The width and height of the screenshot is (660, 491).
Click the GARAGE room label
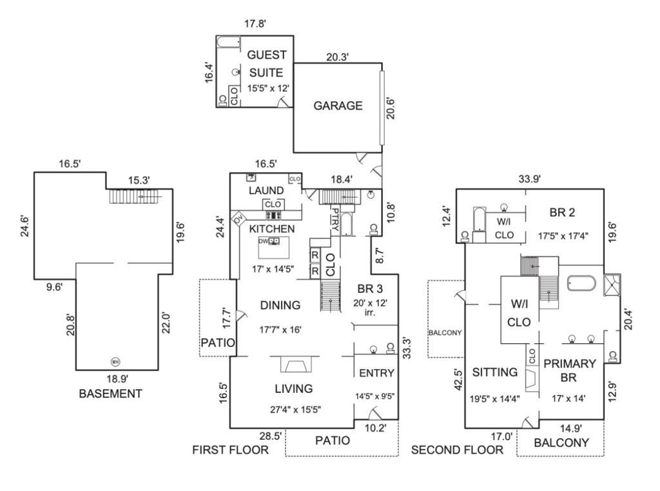(338, 106)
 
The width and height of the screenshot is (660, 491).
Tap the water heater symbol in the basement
(115, 361)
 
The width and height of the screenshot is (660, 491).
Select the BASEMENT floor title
(110, 394)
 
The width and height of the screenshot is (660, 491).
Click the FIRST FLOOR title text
(230, 450)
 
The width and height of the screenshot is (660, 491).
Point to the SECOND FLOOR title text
(458, 450)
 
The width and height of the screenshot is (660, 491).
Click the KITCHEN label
(272, 228)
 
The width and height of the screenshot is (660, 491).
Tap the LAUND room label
(266, 190)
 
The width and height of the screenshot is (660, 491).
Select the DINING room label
(280, 305)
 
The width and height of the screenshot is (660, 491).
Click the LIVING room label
(294, 388)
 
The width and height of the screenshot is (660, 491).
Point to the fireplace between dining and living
(297, 365)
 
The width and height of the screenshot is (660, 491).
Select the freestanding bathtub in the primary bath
(582, 284)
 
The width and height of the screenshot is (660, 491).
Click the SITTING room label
(495, 372)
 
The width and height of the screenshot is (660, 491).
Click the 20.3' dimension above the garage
(337, 57)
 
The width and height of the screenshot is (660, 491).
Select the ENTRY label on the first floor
(376, 373)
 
